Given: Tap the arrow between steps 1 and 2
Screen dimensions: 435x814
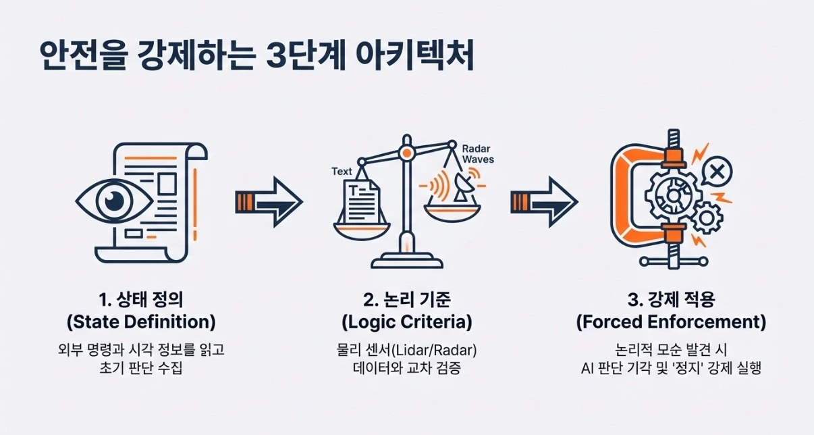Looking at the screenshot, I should tap(269, 201).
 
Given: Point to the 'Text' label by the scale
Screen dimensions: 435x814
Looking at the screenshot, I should tap(342, 172).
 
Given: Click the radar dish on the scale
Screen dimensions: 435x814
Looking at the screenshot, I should tap(462, 187).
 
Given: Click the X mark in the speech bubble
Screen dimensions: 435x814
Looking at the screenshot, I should tap(717, 173).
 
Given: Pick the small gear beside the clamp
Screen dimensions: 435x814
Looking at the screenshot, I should tap(708, 217).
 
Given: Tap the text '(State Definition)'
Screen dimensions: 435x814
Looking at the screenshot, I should tap(140, 322).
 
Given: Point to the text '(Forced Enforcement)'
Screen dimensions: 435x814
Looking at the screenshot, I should tap(671, 322).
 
